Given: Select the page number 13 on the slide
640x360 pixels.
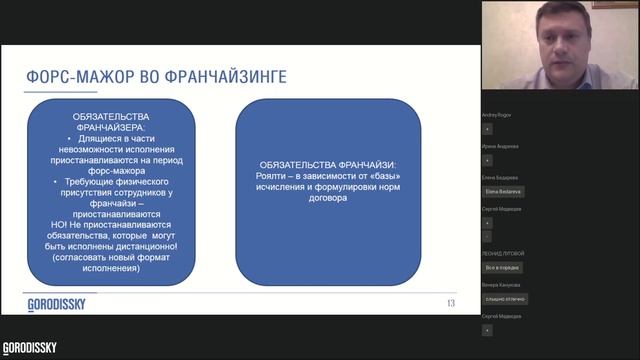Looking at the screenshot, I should point(451,303).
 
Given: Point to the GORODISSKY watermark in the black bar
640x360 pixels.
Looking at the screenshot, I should point(29,348).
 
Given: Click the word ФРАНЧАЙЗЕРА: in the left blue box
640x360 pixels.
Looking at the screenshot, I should point(117,127).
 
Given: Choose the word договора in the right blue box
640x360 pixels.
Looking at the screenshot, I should point(327,198).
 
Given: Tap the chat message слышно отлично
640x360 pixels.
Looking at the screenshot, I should point(505,299).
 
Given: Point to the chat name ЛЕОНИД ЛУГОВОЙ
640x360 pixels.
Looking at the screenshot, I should point(502,254).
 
